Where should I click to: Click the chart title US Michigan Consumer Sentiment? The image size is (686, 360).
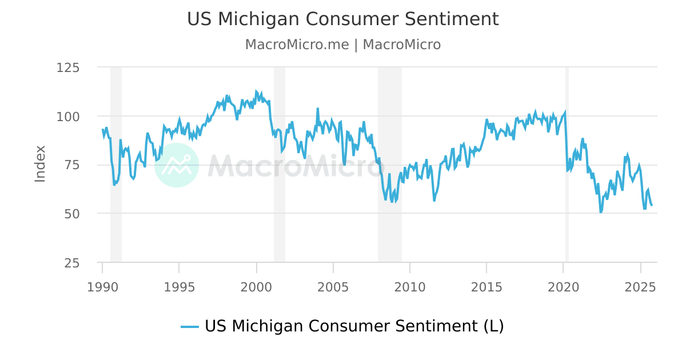342,19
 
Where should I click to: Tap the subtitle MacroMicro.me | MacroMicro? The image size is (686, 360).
342,45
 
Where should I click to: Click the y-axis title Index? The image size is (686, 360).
40,164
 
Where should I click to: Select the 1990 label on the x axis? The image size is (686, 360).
102,285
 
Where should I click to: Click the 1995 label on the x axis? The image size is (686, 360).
179,285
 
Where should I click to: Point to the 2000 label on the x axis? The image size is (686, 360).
256,285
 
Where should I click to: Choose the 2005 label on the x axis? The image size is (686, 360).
333,285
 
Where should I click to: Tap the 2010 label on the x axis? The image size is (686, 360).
409,285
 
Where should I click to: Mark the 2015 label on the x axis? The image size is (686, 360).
486,285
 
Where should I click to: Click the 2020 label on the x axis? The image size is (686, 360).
563,285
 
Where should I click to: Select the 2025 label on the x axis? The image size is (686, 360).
640,285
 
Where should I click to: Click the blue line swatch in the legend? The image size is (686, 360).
190,327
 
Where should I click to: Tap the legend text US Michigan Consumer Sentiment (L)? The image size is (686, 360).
354,326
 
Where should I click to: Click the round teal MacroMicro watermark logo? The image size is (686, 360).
177,165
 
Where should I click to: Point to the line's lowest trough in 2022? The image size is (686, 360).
601,212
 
